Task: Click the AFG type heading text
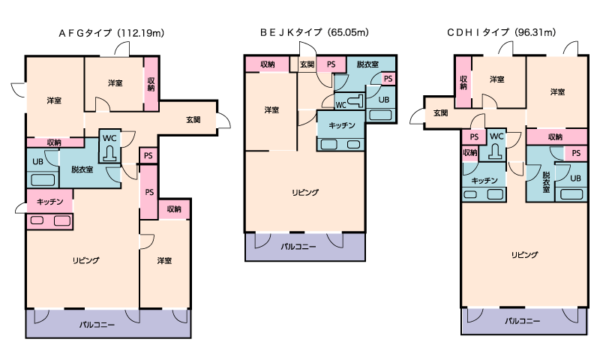[112, 33]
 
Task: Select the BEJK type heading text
[314, 33]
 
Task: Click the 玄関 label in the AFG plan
[193, 120]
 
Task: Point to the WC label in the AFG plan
[109, 138]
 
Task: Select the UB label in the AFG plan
[37, 160]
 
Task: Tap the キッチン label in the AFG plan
[49, 201]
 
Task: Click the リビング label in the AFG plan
[85, 259]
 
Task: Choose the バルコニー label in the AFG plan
[97, 325]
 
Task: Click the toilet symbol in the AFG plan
[110, 153]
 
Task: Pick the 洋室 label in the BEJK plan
[271, 110]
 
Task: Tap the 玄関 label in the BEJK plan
[307, 64]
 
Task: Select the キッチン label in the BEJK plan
[340, 125]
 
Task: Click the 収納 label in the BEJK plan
[268, 64]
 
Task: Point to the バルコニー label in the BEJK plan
[298, 246]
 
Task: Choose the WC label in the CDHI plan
[496, 136]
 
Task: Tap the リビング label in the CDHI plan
[524, 255]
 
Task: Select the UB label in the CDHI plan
[574, 178]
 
